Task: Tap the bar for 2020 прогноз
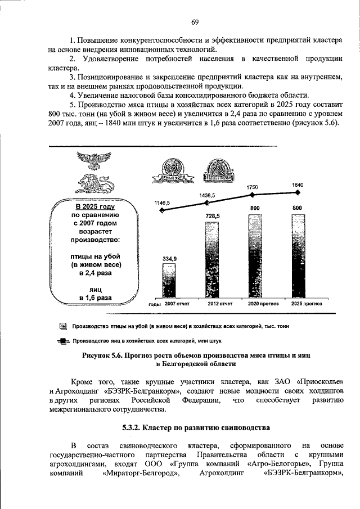click(254, 256)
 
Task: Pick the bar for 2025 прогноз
click(296, 256)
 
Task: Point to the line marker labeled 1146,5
click(163, 210)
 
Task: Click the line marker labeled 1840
click(296, 192)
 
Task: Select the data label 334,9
click(170, 258)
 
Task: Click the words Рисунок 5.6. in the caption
click(102, 355)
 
